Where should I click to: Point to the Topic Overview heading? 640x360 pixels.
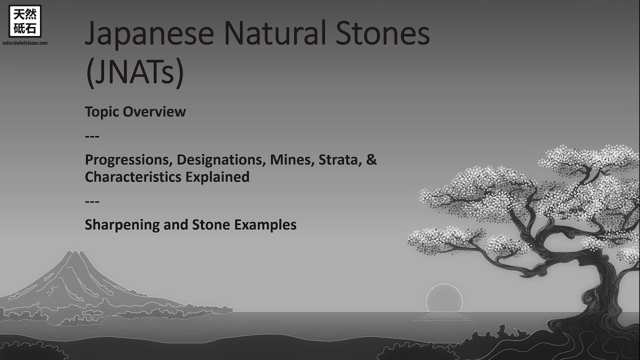click(x=135, y=111)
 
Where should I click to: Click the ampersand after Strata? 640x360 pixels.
click(x=371, y=160)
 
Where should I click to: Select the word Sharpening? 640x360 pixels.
click(x=122, y=225)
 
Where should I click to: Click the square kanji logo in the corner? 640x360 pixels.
click(x=25, y=21)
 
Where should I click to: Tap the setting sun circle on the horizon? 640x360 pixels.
click(x=444, y=299)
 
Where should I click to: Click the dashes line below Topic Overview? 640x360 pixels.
click(x=92, y=136)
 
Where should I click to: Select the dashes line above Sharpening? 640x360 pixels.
click(x=92, y=201)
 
